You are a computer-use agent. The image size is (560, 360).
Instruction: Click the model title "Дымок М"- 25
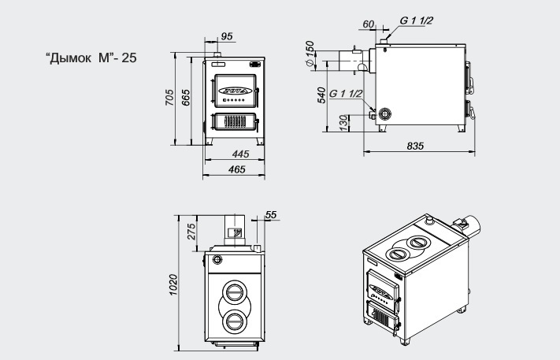(x=91, y=58)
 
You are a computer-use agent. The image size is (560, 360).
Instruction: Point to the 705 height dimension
(x=169, y=98)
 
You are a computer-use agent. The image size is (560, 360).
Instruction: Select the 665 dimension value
(x=186, y=98)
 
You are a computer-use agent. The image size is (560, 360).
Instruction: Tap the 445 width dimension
(x=240, y=154)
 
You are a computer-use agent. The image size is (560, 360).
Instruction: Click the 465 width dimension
(x=237, y=169)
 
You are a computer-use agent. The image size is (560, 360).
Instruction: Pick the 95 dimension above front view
(x=227, y=36)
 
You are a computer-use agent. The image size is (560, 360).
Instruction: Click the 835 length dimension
(x=415, y=146)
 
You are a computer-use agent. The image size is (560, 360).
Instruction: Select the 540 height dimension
(x=321, y=95)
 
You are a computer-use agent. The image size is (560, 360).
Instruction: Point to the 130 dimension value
(x=343, y=123)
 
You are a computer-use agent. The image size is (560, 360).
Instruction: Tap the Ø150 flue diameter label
(x=310, y=54)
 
